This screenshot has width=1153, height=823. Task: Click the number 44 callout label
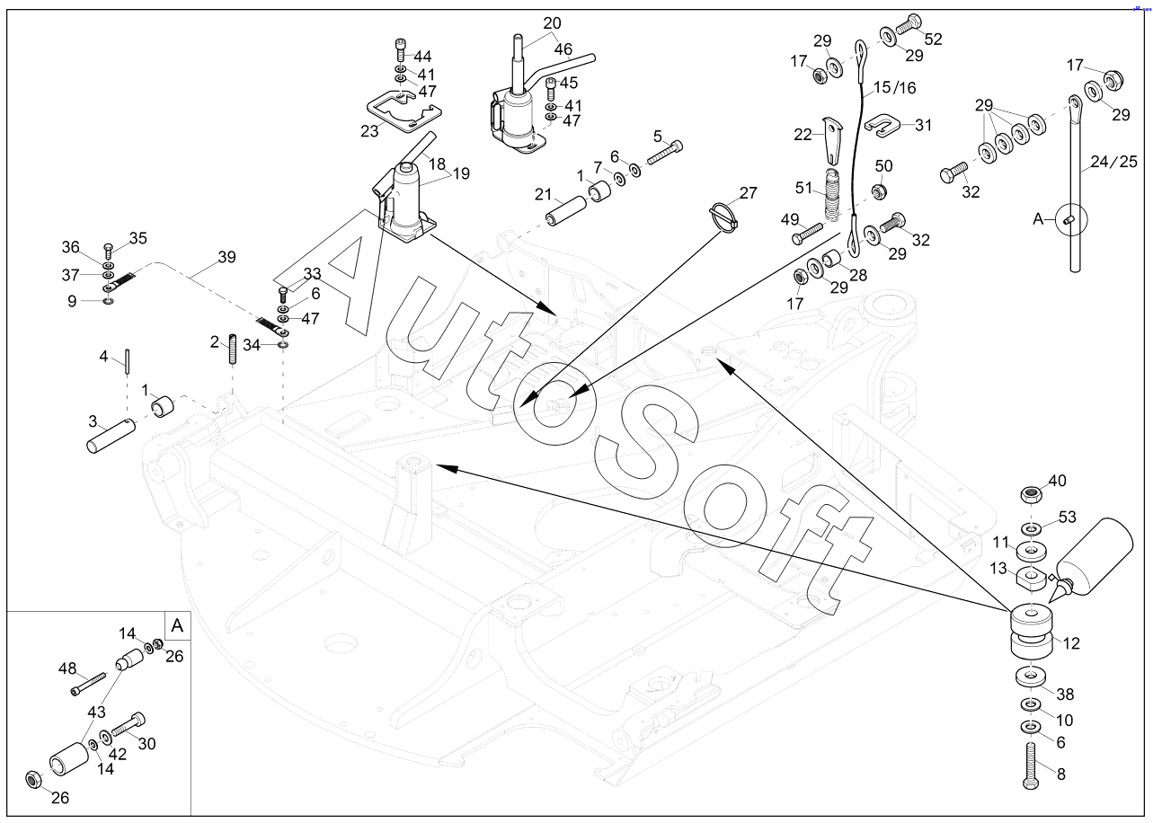[422, 56]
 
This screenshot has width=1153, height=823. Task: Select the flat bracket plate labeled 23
[404, 111]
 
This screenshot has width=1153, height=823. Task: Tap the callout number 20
[553, 23]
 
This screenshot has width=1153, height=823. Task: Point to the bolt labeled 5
[664, 153]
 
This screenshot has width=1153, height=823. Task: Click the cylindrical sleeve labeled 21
[567, 210]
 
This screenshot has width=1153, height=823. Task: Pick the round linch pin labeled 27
[724, 216]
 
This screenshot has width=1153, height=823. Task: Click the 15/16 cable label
[894, 88]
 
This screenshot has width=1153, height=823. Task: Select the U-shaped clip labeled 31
[882, 126]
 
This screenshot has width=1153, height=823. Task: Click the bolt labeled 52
[909, 23]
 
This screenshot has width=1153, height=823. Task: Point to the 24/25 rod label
[1113, 162]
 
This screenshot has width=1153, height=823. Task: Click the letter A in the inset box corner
[177, 625]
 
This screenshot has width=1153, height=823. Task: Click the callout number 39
[226, 257]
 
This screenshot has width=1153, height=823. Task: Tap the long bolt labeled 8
[1031, 766]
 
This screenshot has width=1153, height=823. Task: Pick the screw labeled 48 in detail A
[88, 684]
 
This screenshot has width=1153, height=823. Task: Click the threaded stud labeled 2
[233, 349]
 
